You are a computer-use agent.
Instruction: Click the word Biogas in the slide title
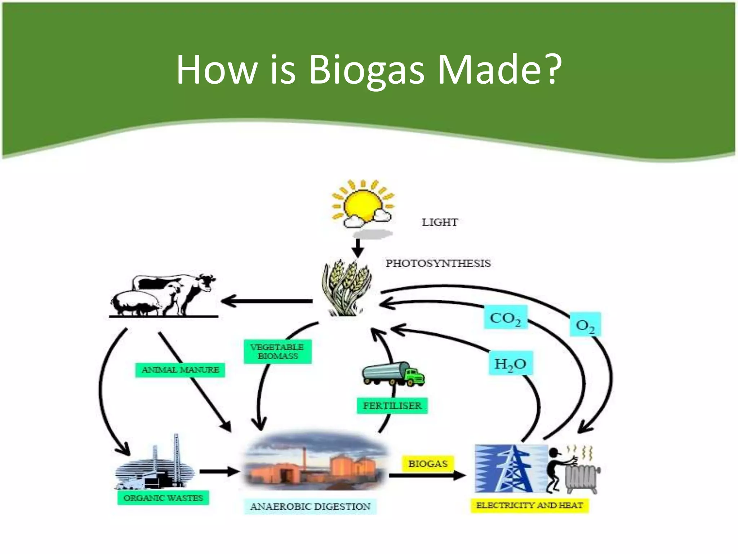point(366,70)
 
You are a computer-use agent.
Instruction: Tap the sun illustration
point(362,204)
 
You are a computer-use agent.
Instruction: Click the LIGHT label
point(440,222)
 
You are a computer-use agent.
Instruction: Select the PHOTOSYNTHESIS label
point(438,263)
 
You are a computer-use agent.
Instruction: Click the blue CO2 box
point(505,317)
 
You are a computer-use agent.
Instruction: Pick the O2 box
point(585,325)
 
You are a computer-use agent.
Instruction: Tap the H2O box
point(510,363)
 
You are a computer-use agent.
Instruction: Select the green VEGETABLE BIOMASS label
point(277,352)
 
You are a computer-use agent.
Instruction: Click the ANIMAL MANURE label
point(180,370)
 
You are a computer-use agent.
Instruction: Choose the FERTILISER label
point(392,406)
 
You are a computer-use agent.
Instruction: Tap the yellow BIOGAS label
point(428,463)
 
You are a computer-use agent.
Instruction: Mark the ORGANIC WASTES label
point(163,498)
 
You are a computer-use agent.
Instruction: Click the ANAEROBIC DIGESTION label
point(310,506)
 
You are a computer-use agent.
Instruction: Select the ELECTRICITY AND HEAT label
point(529,505)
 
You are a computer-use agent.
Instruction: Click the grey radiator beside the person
point(581,478)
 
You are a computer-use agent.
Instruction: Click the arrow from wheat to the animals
point(267,301)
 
